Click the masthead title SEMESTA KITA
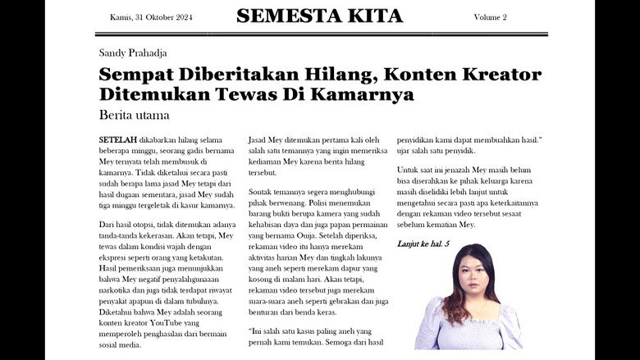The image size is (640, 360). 319,16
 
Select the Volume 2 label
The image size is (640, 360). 490,17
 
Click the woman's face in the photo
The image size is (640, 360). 469,276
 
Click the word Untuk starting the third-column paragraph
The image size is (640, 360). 409,169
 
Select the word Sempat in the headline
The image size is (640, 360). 130,75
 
